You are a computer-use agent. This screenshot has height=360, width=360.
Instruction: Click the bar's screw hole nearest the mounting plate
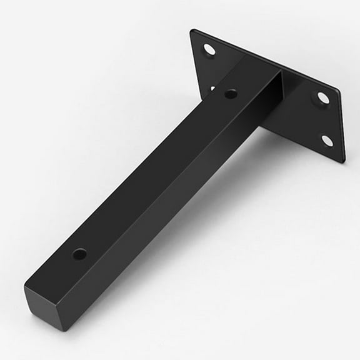tap(231, 94)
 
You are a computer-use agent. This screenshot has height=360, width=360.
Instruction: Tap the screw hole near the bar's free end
tap(79, 254)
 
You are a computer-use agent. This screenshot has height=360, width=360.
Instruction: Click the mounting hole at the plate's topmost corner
tap(209, 49)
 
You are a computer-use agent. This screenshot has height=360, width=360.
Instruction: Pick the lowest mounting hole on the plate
tap(327, 140)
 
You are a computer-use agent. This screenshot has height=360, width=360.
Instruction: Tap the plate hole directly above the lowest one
tap(323, 97)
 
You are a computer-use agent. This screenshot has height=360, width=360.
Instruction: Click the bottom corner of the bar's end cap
tap(62, 329)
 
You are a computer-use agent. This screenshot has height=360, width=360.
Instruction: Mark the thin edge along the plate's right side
tap(343, 125)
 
